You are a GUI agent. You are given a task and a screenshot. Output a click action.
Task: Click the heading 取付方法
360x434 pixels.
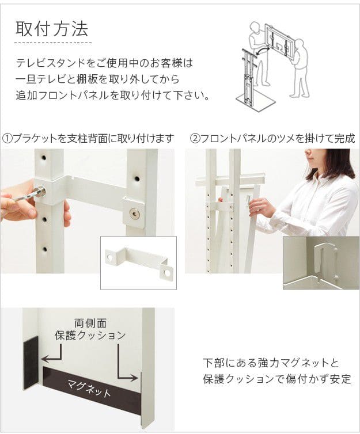pos(52,29)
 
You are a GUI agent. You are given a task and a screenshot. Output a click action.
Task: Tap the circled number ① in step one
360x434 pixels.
pos(7,138)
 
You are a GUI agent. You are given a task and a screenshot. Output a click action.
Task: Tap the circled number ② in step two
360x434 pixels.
pos(195,138)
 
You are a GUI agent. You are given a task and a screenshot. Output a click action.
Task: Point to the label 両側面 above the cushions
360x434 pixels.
pos(90,323)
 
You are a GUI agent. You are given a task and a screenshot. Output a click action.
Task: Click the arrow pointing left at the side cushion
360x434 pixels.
pos(52,352)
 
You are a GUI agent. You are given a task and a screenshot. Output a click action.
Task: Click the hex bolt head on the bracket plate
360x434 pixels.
pos(135,213)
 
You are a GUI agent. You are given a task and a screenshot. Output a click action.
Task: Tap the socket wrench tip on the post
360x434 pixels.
pos(41,191)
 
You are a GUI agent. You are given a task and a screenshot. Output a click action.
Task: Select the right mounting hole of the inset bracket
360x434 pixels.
pos(167,273)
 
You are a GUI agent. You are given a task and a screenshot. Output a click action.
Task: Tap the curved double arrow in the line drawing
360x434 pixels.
pos(262,50)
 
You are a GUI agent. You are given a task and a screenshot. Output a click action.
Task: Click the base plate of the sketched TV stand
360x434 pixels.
pos(255,102)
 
